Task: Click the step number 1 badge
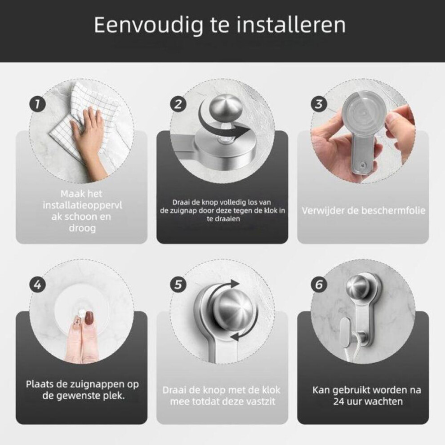tap(37, 104)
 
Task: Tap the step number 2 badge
tap(178, 104)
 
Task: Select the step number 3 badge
tap(319, 104)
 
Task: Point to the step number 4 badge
tap(37, 285)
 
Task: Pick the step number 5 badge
tap(178, 285)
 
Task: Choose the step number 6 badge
tap(319, 285)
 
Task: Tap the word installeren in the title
tap(291, 25)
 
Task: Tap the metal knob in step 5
tap(235, 309)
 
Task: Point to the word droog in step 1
tap(82, 228)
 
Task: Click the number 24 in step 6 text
tap(339, 401)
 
